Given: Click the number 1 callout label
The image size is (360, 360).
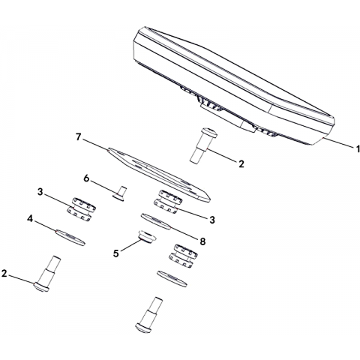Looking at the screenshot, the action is coord(358,148).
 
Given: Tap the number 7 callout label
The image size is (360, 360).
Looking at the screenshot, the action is coord(79,136).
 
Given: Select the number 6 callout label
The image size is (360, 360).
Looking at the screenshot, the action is coord(86,178).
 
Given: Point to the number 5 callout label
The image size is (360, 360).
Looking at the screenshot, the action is coord(115,253).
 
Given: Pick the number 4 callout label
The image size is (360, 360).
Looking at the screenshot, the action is coord(30,219).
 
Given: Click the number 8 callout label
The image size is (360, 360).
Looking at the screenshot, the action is coord(202,241).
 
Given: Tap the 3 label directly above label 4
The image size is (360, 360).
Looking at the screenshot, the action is coord(40,192).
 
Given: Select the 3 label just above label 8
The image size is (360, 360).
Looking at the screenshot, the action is coord(212,220).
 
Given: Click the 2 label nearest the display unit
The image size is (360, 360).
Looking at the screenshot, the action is coord(241,164).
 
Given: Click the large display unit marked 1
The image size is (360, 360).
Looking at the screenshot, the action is coord(234,86).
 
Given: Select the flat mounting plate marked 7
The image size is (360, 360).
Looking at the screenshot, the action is coord(159,175).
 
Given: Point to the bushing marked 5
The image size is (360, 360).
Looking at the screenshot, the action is coord(147,237).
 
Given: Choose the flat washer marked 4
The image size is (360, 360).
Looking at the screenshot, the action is coord(70,237).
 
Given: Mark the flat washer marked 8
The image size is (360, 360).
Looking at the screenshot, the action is coord(156,221).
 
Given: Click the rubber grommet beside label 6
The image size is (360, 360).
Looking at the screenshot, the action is coord(81,210).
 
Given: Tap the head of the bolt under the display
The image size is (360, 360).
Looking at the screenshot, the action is coord(208,133).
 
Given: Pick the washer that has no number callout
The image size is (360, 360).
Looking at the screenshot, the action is coord(172,279).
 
